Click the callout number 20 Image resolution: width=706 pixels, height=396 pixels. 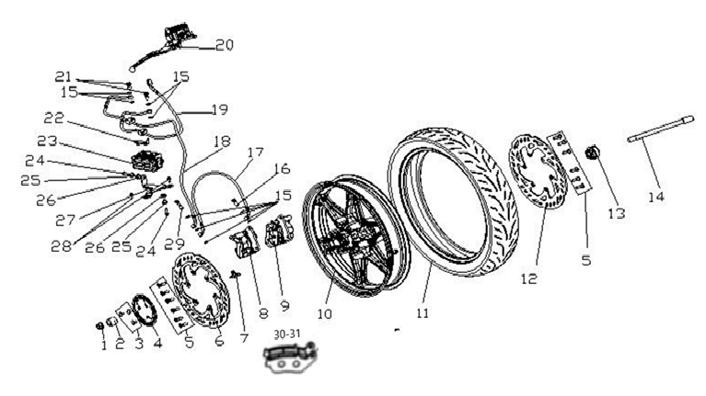[225, 45]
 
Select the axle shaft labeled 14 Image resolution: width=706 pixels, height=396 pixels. [661, 129]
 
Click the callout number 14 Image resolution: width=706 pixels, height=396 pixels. [656, 197]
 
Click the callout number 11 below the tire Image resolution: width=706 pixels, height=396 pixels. [422, 312]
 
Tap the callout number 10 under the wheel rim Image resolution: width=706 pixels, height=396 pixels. [324, 313]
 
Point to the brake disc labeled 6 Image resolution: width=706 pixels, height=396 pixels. [202, 289]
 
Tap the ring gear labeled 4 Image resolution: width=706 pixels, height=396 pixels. [145, 310]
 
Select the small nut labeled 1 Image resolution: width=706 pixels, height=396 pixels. [100, 325]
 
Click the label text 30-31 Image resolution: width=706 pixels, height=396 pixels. [287, 334]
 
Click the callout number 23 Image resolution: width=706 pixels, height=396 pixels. [47, 141]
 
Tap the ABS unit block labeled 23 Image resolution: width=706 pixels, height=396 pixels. [146, 159]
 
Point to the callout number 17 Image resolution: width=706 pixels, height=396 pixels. [255, 153]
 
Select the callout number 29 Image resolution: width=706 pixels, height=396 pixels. [174, 243]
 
